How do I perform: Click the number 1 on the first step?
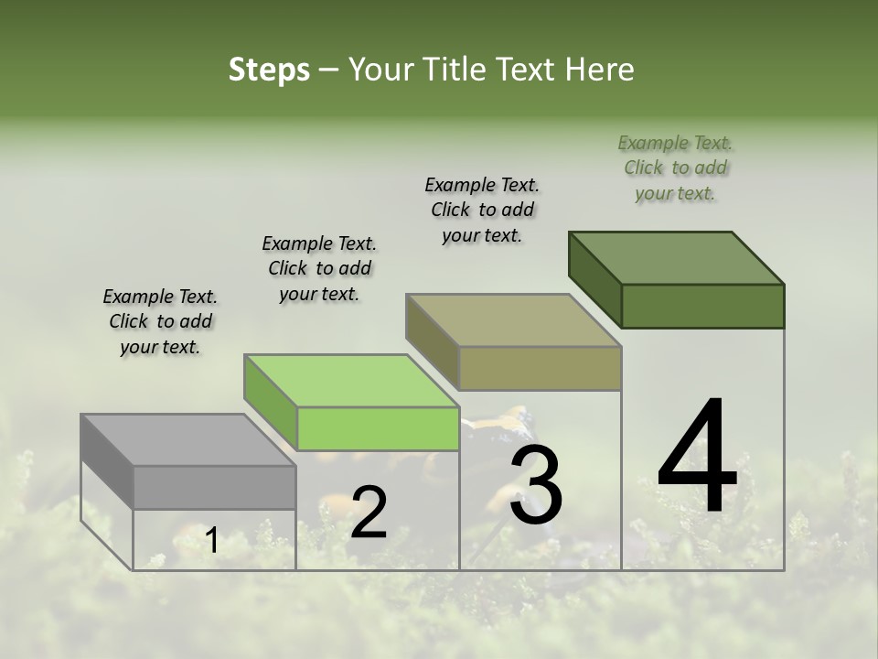[211, 541]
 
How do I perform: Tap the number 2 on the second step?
[369, 513]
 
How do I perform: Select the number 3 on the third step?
[536, 485]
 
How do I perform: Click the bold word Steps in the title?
[269, 70]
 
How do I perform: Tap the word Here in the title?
[599, 70]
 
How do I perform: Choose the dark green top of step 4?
[677, 258]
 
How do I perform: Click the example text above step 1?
[160, 321]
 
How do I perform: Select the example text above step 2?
[319, 268]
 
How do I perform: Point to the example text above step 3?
[482, 210]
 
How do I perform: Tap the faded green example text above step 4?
[675, 167]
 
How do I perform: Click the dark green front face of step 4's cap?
[702, 306]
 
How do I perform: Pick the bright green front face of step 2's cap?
[378, 429]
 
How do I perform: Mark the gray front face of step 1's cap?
[214, 488]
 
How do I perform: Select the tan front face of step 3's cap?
[540, 368]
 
